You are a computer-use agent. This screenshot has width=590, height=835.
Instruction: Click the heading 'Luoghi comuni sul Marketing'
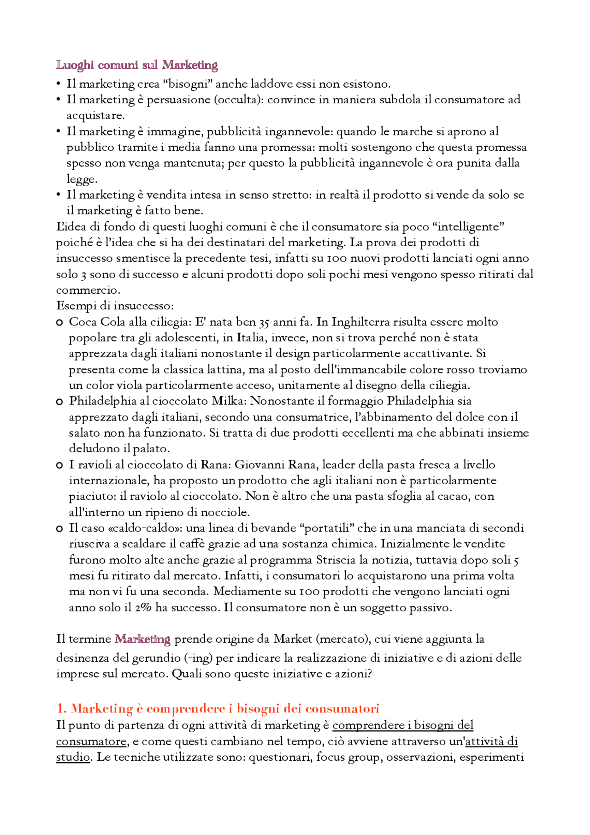[x=136, y=65]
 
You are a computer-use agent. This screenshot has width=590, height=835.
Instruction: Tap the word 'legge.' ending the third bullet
[x=82, y=179]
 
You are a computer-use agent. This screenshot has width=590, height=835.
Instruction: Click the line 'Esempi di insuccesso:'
[x=115, y=306]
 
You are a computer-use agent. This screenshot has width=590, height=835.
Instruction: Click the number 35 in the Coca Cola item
[x=264, y=322]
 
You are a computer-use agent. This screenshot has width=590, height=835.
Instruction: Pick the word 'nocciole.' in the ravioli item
[x=228, y=512]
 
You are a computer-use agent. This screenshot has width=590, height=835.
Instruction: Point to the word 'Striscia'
[x=335, y=560]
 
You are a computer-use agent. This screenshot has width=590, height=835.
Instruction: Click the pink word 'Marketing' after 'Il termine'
[x=142, y=640]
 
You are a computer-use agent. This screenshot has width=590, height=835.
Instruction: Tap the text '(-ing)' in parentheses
[x=198, y=658]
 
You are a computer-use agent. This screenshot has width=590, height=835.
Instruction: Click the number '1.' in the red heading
[x=62, y=709]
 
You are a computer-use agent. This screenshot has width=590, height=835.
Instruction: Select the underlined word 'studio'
[x=73, y=757]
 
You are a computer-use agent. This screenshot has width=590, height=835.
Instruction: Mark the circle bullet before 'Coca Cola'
[x=59, y=323]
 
